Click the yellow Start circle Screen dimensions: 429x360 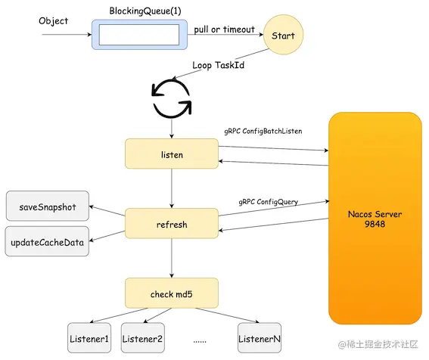pos(283,35)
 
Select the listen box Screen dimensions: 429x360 pos(172,154)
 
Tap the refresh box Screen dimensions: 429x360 pos(172,223)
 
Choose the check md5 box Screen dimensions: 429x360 pos(172,293)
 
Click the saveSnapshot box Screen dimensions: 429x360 pos(48,206)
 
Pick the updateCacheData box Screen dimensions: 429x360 pos(47,241)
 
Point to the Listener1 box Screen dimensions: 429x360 pos(89,338)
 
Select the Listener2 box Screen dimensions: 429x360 pos(142,338)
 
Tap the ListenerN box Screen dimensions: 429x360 pos(260,338)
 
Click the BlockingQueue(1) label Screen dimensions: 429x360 pos(145,11)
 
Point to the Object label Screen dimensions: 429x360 pos(54,21)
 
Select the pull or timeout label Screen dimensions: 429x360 pos(225,29)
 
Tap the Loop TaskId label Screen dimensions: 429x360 pos(219,65)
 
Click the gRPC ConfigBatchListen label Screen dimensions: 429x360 pos(263,132)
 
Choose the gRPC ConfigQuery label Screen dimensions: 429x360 pos(269,202)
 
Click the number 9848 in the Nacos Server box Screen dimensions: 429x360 pos(375,224)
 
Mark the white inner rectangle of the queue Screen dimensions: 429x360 pos(139,35)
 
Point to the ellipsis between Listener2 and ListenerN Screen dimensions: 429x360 pos(200,341)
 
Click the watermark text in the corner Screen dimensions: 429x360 pos(378,344)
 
